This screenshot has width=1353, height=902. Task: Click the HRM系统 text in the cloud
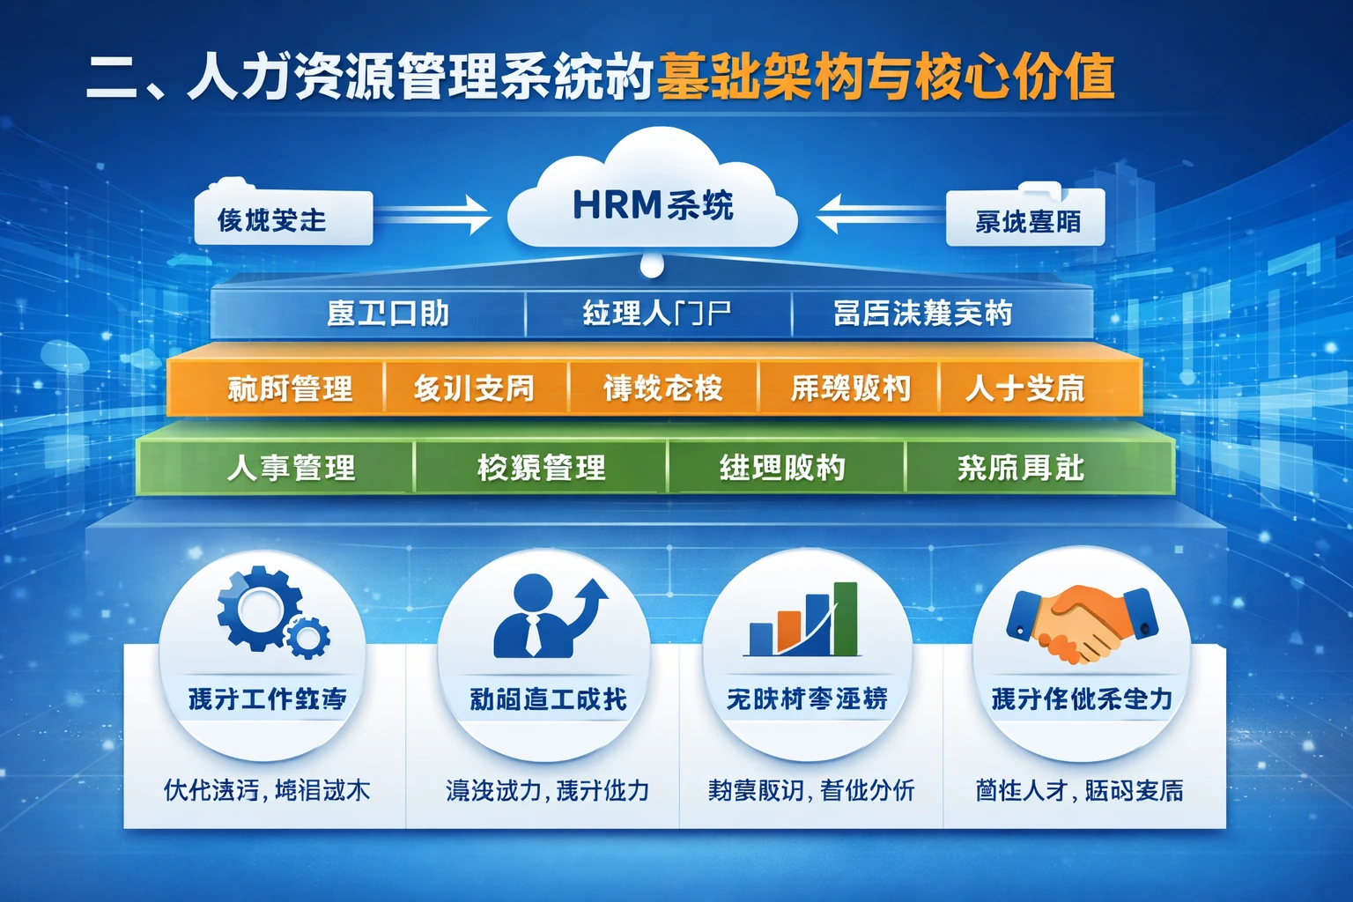(653, 205)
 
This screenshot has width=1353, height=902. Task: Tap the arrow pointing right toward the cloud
(435, 214)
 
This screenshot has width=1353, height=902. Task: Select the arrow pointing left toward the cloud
(876, 213)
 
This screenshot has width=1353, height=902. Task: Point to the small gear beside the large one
(308, 636)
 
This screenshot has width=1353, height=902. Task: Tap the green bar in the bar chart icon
(845, 618)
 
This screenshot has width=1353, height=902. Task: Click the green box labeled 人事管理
(291, 467)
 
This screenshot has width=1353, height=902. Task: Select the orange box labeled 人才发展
(1025, 388)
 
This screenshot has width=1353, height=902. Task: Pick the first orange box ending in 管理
(290, 388)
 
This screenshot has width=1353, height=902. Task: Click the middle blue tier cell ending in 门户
(657, 314)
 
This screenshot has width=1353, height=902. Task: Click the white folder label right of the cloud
(1026, 219)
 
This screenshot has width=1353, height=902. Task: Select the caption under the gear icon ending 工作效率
(267, 699)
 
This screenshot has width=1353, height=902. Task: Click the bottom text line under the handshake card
(1079, 790)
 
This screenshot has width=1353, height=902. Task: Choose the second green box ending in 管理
(541, 467)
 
